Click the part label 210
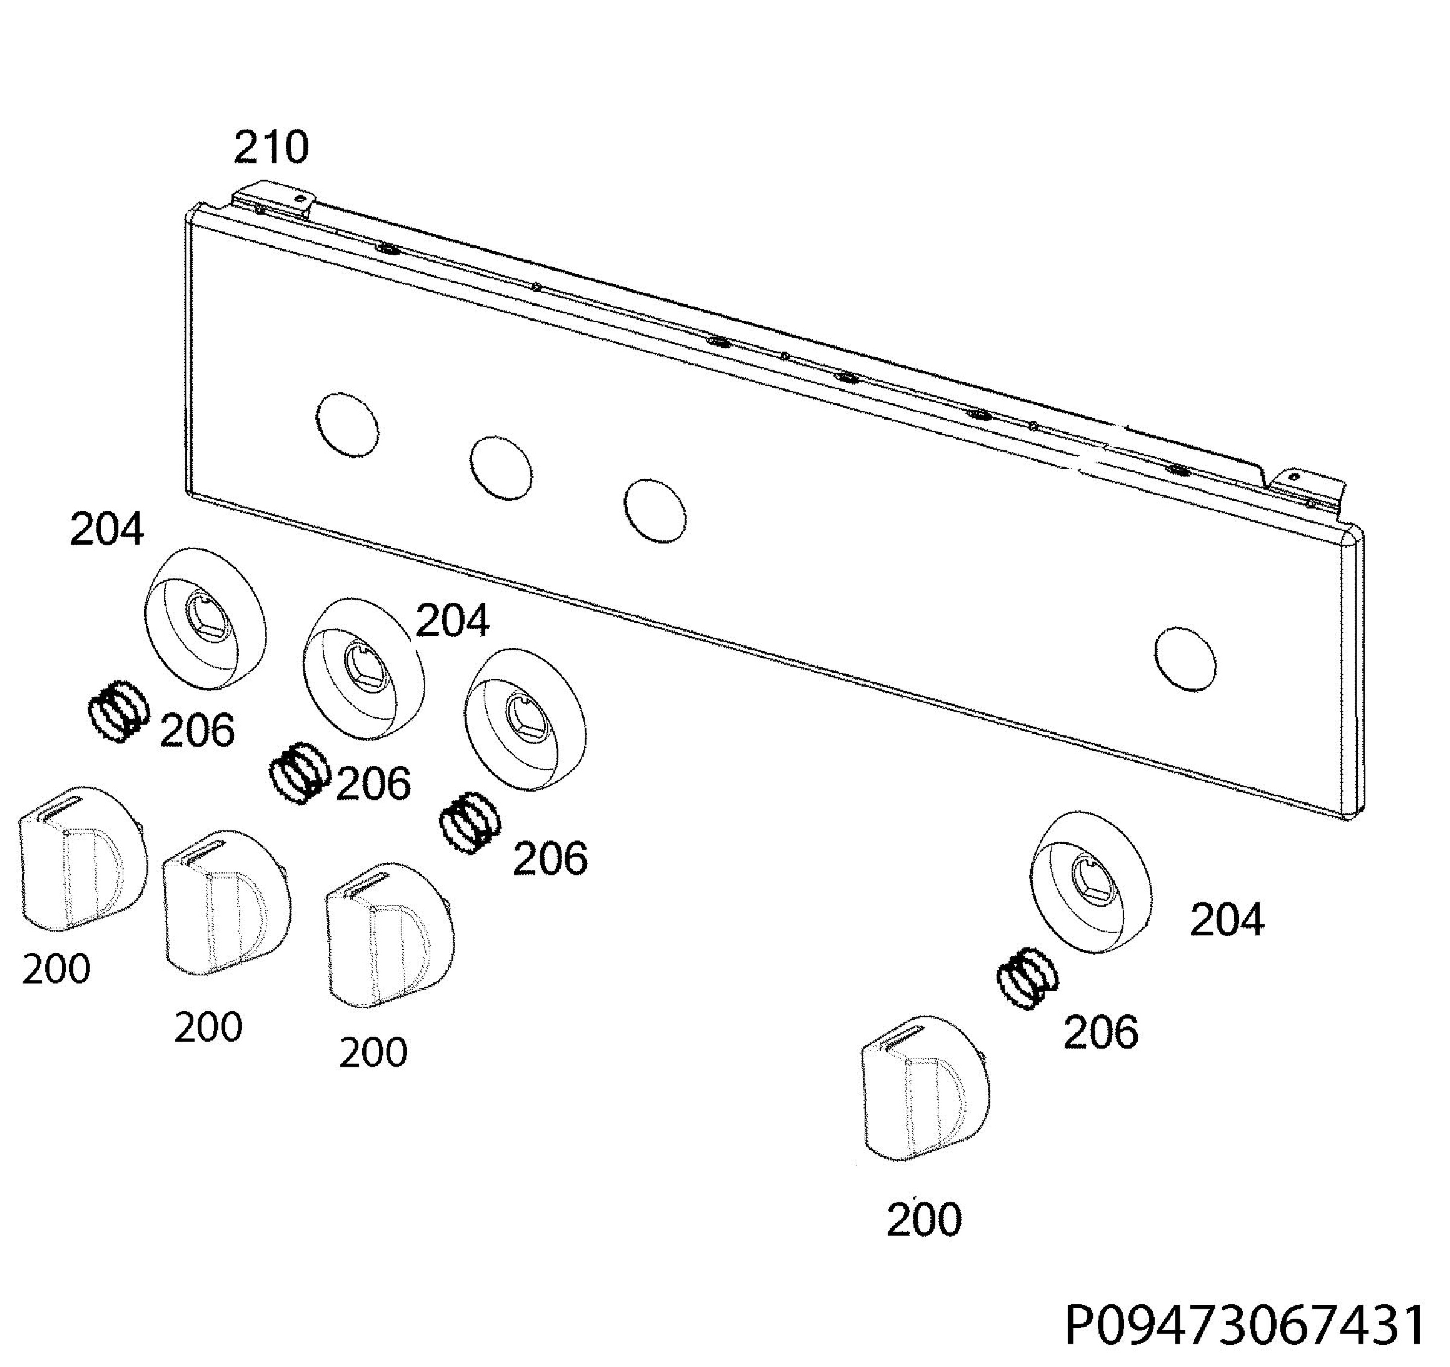click(271, 147)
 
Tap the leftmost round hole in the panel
click(347, 425)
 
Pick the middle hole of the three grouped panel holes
click(501, 468)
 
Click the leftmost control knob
click(81, 858)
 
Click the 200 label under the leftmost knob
click(56, 969)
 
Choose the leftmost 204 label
click(106, 530)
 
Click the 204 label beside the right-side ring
click(1227, 920)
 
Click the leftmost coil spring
click(118, 711)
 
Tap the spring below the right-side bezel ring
click(1027, 978)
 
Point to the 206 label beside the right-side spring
click(1101, 1032)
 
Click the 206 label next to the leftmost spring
click(197, 730)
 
